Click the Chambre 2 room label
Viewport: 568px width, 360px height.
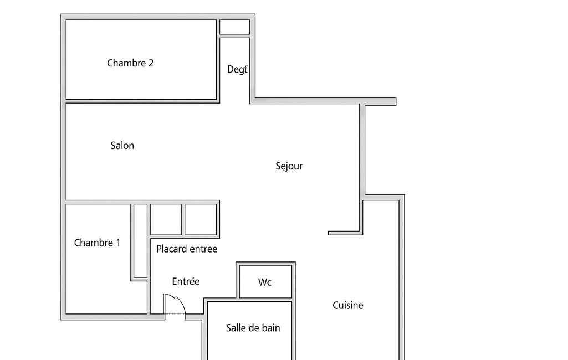pyautogui.click(x=130, y=63)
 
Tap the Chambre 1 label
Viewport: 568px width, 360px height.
pyautogui.click(x=97, y=243)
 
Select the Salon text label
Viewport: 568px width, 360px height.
pyautogui.click(x=122, y=146)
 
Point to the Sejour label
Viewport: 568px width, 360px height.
pyautogui.click(x=289, y=166)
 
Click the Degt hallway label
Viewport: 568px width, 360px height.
pyautogui.click(x=237, y=70)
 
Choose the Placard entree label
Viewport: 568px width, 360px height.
pyautogui.click(x=187, y=249)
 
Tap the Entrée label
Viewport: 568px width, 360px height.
pyautogui.click(x=186, y=281)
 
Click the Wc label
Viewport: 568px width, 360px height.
pyautogui.click(x=264, y=282)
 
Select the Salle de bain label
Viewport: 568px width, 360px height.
pyautogui.click(x=253, y=328)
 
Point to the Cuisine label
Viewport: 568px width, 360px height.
pyautogui.click(x=348, y=305)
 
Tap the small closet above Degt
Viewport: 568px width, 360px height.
pyautogui.click(x=235, y=27)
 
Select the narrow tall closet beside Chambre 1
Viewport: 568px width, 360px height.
pyautogui.click(x=141, y=241)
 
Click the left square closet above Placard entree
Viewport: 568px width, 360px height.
pyautogui.click(x=166, y=219)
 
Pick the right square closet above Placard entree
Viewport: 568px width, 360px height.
pyautogui.click(x=201, y=219)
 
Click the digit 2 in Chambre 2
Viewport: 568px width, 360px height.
pyautogui.click(x=151, y=63)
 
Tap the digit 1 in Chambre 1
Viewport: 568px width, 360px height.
pyautogui.click(x=117, y=243)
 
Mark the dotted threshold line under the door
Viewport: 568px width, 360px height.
pyautogui.click(x=175, y=313)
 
